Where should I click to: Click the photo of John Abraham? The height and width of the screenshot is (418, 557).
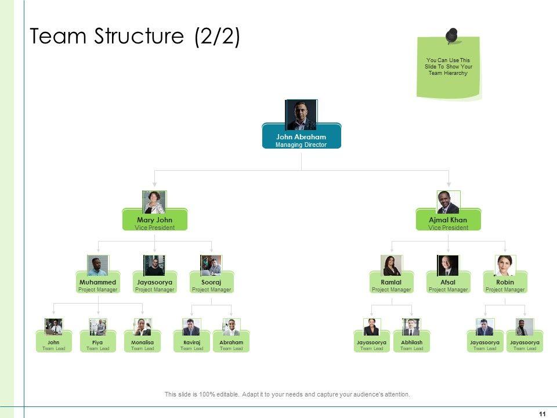click(301, 114)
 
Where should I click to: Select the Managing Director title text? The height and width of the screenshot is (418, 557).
click(301, 145)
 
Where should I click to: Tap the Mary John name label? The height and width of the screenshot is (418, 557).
click(154, 220)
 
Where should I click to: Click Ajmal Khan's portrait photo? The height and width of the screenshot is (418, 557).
click(448, 202)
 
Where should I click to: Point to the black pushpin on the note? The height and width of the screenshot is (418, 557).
click(452, 35)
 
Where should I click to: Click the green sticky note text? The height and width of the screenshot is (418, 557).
click(448, 67)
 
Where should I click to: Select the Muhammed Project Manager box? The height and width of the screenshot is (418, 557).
click(97, 285)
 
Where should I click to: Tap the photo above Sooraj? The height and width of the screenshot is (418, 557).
click(211, 265)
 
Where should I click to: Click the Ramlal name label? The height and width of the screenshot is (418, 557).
click(391, 282)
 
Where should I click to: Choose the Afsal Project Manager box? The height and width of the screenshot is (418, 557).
click(448, 285)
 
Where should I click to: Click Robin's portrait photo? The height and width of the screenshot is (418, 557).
click(505, 265)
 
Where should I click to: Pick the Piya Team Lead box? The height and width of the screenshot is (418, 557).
click(97, 345)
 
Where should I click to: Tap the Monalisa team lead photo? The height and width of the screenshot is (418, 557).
click(142, 327)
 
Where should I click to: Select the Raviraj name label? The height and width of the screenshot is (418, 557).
click(191, 343)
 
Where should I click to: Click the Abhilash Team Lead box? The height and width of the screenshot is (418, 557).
click(411, 345)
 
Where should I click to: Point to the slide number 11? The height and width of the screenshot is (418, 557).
click(542, 413)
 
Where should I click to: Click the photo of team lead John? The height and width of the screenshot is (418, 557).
click(54, 327)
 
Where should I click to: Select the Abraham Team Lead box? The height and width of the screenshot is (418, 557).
click(231, 345)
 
